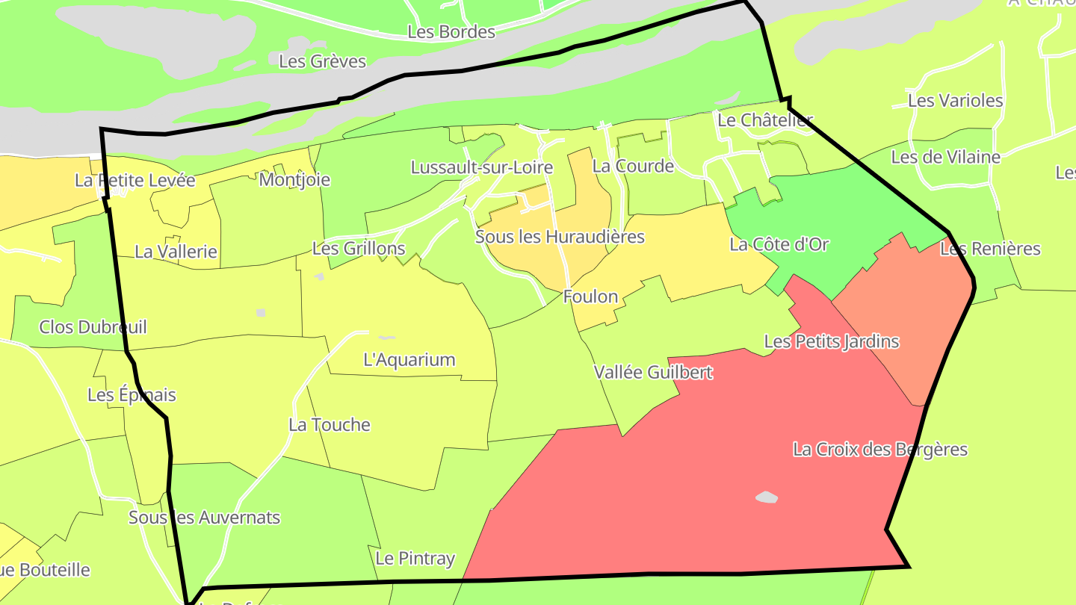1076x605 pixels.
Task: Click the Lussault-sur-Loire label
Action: tap(482, 167)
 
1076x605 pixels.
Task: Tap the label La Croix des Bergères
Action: tap(880, 450)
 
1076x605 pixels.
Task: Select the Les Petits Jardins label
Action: tap(831, 342)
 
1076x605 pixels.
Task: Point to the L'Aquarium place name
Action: tap(409, 360)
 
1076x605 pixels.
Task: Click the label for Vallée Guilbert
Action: tap(653, 372)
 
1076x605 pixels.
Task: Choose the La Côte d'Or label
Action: tap(779, 245)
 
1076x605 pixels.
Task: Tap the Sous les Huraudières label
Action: tap(560, 238)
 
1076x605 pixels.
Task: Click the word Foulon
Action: tap(590, 297)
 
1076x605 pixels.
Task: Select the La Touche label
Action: tap(330, 425)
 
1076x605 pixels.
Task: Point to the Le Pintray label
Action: tap(415, 559)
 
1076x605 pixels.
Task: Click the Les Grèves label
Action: tap(322, 61)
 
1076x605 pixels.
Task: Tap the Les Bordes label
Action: tap(451, 32)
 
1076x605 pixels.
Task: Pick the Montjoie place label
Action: tap(294, 180)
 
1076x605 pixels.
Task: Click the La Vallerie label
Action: tap(176, 252)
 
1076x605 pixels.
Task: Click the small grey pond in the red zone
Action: tap(766, 497)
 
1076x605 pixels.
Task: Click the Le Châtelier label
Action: tap(764, 120)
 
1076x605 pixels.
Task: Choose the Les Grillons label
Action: tap(359, 249)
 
